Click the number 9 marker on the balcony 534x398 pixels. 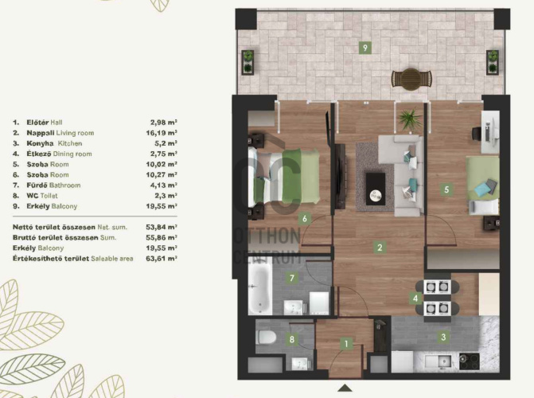[365, 48]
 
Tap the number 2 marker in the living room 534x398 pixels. [380, 248]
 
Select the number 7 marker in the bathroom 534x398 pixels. [292, 278]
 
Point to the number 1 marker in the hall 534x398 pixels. [346, 344]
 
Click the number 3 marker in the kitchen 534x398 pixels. [443, 337]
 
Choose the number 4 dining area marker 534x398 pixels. [415, 298]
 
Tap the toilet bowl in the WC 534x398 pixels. [266, 338]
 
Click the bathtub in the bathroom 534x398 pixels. [260, 290]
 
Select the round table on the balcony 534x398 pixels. [411, 79]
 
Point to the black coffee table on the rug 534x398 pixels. [376, 189]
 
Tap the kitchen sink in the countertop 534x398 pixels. [440, 361]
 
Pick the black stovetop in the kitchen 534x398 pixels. [470, 361]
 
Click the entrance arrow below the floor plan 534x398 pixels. [345, 388]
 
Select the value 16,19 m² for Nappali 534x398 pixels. [162, 133]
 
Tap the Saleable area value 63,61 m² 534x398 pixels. [162, 258]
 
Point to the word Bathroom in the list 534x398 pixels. [65, 185]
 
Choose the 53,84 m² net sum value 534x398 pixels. [162, 227]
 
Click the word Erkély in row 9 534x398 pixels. [38, 206]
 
